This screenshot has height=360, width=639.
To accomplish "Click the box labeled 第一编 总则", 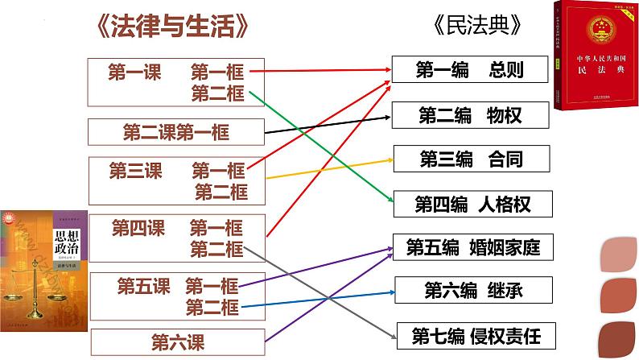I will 472,71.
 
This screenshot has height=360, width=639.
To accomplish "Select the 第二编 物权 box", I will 472,114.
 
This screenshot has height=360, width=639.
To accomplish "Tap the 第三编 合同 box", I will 472,159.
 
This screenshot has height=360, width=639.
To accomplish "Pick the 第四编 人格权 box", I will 472,204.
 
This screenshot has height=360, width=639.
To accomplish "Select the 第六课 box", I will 178,341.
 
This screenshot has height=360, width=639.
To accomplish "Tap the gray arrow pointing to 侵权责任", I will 322,290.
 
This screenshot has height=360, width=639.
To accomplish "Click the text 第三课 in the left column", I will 135,171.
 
